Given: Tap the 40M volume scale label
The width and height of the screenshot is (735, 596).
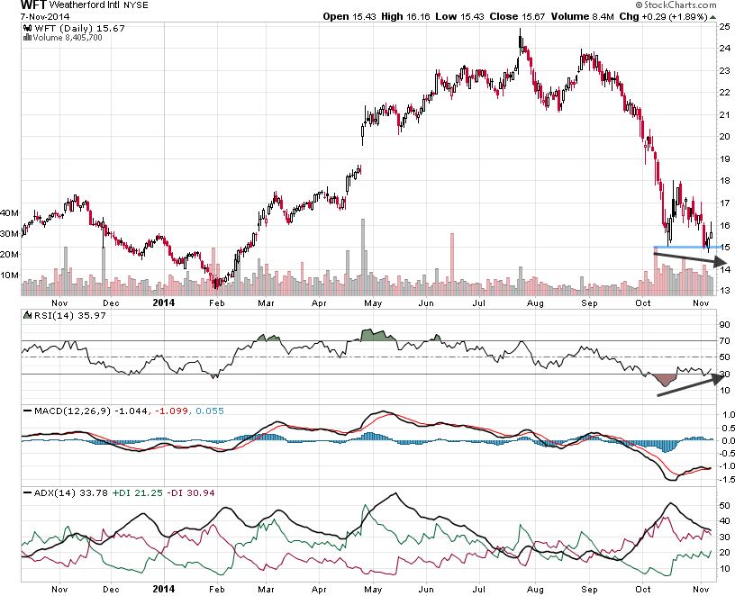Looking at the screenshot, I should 11,213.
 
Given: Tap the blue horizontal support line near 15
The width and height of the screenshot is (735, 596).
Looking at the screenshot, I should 680,247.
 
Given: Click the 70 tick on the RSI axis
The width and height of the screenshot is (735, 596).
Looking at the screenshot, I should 723,341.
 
